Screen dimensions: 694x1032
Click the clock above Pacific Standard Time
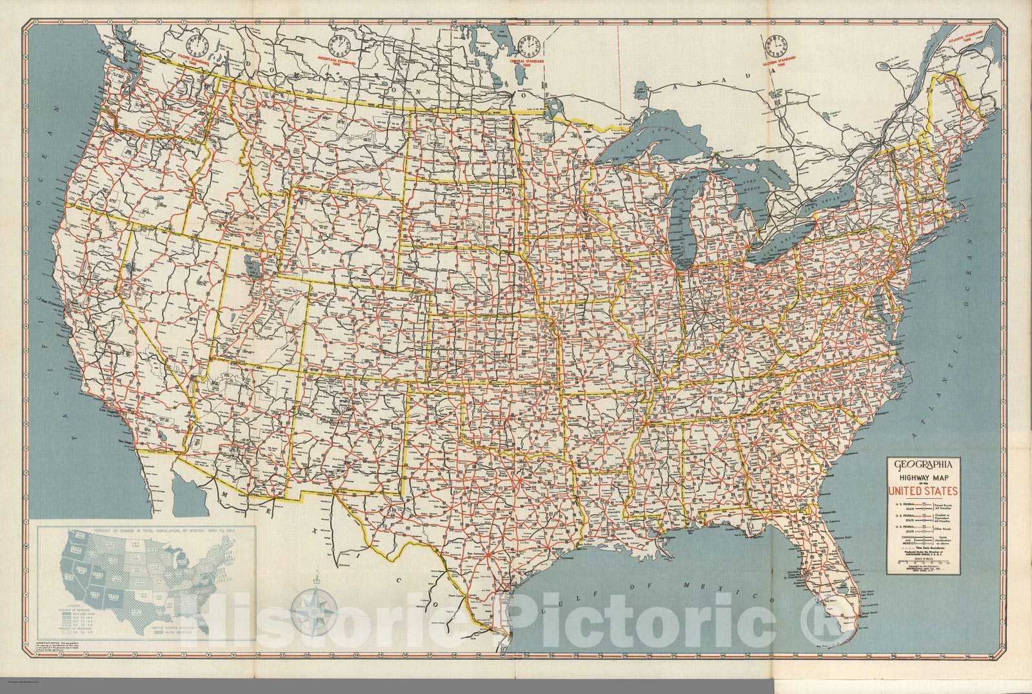click(197, 46)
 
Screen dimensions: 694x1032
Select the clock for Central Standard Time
click(530, 46)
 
